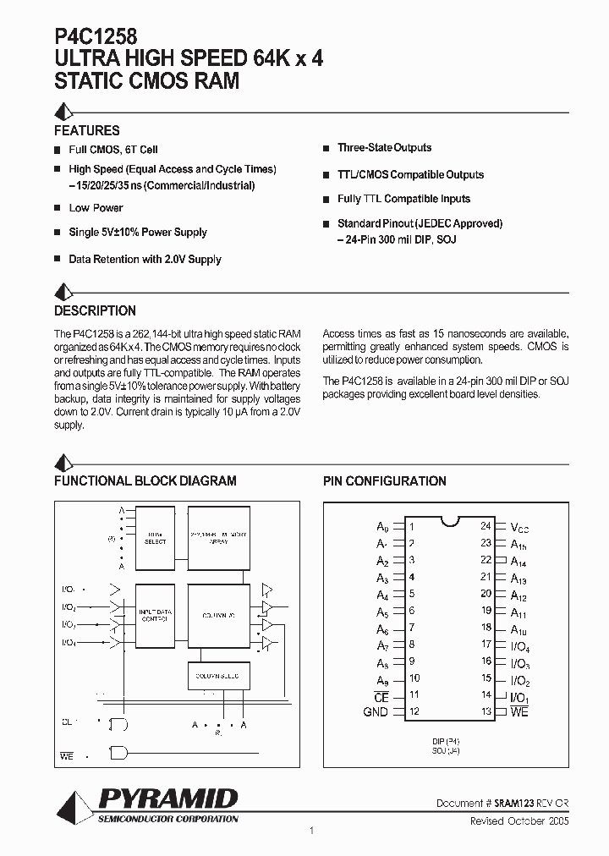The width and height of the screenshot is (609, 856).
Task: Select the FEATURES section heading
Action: pyautogui.click(x=87, y=130)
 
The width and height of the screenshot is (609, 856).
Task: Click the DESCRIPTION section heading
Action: pyautogui.click(x=95, y=310)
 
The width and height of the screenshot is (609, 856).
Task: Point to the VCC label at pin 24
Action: pyautogui.click(x=519, y=526)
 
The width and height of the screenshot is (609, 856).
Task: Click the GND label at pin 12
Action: pyautogui.click(x=376, y=712)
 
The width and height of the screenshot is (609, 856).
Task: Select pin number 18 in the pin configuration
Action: pyautogui.click(x=486, y=628)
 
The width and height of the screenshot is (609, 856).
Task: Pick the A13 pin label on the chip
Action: pyautogui.click(x=518, y=579)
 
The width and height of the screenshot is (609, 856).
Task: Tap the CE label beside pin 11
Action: pyautogui.click(x=381, y=696)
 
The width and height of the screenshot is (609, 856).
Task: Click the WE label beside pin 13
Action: pyautogui.click(x=519, y=712)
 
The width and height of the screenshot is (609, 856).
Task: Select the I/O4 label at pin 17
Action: pyautogui.click(x=520, y=646)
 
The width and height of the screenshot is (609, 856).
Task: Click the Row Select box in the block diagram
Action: pyautogui.click(x=156, y=538)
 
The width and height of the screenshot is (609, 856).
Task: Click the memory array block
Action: pyautogui.click(x=219, y=538)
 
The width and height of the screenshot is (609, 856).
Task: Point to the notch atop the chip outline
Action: pyautogui.click(x=448, y=519)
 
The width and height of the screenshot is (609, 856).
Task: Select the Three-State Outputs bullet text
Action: pyautogui.click(x=384, y=148)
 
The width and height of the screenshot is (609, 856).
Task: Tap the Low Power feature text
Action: pyautogui.click(x=96, y=208)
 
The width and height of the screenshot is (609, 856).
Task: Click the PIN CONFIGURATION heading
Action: pyautogui.click(x=385, y=480)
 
